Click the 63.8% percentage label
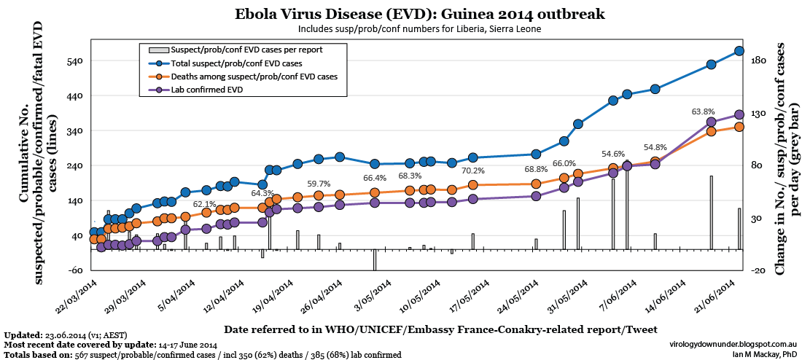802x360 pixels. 703,111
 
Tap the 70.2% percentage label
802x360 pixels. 472,171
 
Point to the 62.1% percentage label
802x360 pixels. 205,204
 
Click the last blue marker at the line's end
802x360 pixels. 739,51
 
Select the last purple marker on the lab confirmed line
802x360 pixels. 739,114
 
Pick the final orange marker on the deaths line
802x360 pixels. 739,127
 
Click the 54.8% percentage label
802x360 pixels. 655,147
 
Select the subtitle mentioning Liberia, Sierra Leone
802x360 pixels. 419,28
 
